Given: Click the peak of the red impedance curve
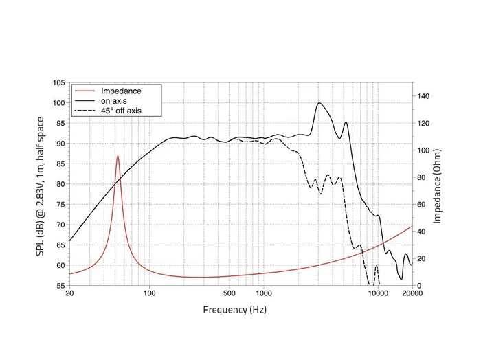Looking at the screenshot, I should tap(118, 156).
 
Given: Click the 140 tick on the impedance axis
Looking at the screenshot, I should tap(425, 97).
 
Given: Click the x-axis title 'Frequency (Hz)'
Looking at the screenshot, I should tap(235, 310).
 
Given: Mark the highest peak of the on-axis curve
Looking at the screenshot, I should tap(320, 103).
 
